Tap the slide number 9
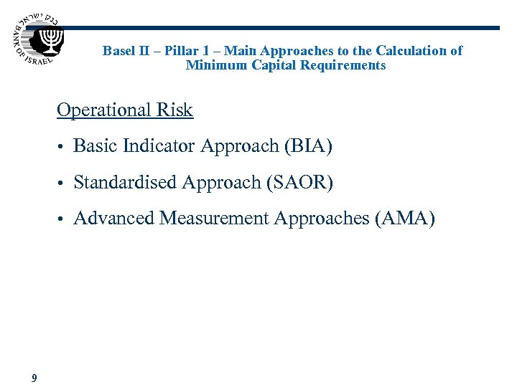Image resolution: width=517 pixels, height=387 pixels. point(34,378)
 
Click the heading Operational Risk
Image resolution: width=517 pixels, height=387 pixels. point(125,110)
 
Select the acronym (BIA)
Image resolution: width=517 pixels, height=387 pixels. point(308,146)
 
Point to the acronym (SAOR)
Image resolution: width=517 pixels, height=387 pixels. point(299,183)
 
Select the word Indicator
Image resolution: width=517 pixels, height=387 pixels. point(159,146)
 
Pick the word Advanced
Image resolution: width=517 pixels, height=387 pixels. point(114,218)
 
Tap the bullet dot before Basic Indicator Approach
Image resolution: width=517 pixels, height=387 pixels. point(62,148)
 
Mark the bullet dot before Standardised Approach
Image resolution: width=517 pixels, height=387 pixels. point(62,183)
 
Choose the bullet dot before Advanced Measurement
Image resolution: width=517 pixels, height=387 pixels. point(62,219)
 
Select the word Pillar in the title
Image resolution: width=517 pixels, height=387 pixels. point(183,51)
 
